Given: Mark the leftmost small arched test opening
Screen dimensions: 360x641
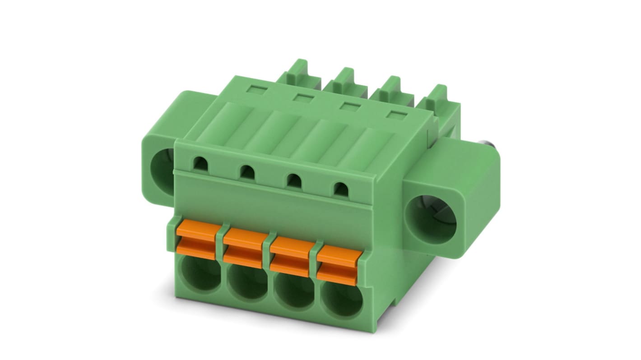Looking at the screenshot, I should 199,163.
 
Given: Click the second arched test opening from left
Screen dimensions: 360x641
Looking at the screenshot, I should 246,171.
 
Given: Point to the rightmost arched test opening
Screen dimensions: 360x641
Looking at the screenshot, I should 341,189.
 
